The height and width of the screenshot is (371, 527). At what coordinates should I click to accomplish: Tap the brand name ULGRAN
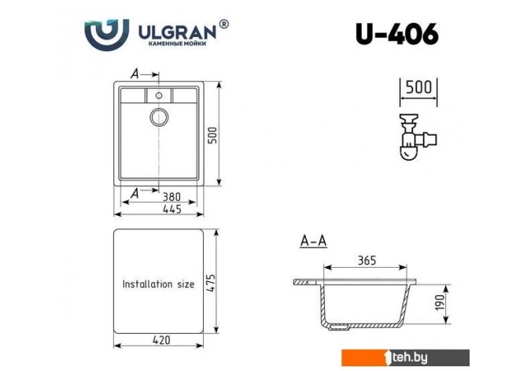pyautogui.click(x=178, y=32)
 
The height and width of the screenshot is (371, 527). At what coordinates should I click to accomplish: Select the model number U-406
pyautogui.click(x=397, y=34)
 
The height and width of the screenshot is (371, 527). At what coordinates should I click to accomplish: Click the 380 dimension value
pyautogui.click(x=171, y=197)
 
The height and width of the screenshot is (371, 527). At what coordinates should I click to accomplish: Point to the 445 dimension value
pyautogui.click(x=172, y=209)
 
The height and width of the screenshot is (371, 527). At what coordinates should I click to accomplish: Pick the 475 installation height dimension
pyautogui.click(x=212, y=283)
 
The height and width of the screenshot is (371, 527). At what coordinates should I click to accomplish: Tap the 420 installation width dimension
pyautogui.click(x=161, y=340)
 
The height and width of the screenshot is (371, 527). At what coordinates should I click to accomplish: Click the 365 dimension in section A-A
pyautogui.click(x=367, y=260)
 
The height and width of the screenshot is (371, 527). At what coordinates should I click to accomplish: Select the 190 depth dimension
pyautogui.click(x=440, y=302)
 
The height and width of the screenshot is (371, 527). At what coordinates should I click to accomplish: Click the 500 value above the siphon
pyautogui.click(x=418, y=87)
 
